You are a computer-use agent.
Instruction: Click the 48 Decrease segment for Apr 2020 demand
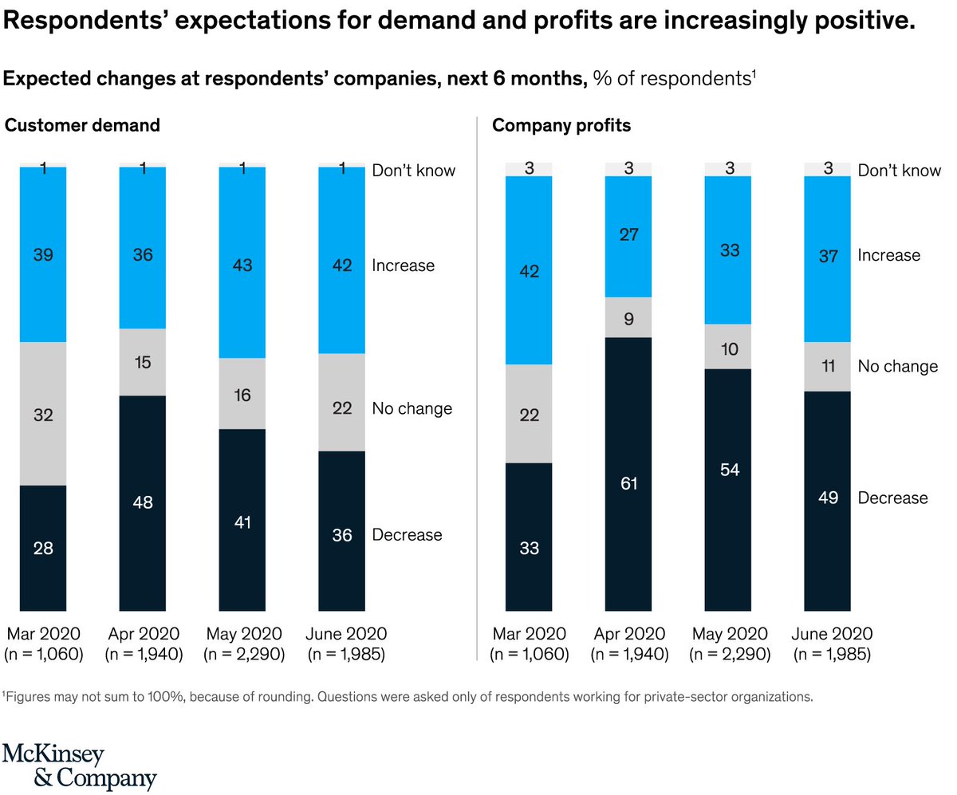tap(142, 502)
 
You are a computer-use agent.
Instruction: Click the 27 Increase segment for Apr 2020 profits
tap(628, 235)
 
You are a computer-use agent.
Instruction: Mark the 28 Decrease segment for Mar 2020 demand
tap(43, 548)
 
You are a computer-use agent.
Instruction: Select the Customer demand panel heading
tap(82, 125)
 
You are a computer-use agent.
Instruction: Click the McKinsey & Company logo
tap(79, 766)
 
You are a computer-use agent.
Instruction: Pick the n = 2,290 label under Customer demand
tap(243, 655)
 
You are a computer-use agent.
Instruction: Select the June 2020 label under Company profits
tap(832, 634)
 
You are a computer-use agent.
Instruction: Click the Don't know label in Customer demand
tap(414, 170)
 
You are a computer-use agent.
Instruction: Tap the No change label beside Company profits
tap(898, 366)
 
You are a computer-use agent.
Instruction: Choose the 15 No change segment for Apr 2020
tap(142, 362)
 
